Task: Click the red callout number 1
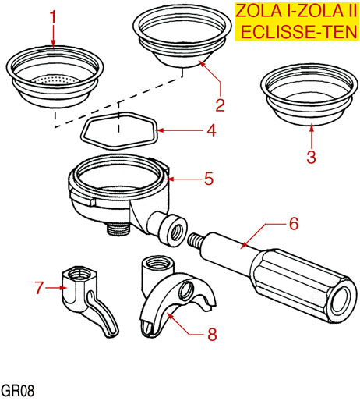(x=53, y=17)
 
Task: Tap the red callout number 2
(x=220, y=105)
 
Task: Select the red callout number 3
(x=311, y=157)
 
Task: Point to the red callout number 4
(x=212, y=130)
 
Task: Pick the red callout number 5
(x=209, y=179)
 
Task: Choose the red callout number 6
(x=294, y=223)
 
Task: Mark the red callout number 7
(x=39, y=288)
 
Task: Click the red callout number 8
(x=212, y=334)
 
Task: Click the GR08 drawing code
(x=17, y=391)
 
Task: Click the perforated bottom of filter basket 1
(x=55, y=80)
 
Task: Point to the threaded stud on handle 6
(x=195, y=240)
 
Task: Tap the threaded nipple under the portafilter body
(x=118, y=229)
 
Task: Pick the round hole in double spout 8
(x=186, y=289)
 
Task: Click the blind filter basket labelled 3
(x=309, y=94)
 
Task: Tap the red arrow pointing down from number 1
(x=53, y=36)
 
